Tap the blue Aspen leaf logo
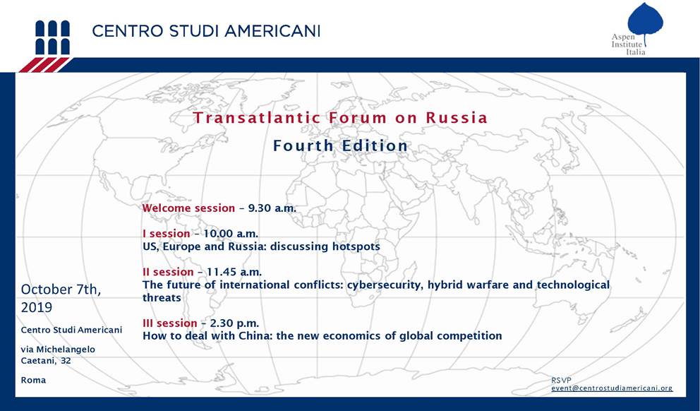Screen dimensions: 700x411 coord(645,20)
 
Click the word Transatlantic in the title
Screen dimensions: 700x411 coord(257,117)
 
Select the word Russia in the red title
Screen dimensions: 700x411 coord(457,117)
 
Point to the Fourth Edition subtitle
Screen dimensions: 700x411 coord(340,145)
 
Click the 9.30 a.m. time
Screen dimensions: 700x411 coord(272,208)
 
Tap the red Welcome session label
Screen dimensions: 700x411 coord(188,208)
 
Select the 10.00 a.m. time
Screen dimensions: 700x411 coord(231,234)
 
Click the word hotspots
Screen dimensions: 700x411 coord(356,246)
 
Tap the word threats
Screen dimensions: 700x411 coord(162,298)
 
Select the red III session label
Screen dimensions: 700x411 coord(169,323)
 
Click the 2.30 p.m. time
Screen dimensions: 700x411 coord(234,323)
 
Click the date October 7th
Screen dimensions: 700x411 coord(61,290)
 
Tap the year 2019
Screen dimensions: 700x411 coord(37,308)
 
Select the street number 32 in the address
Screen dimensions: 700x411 coord(66,361)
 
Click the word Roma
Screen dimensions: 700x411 coord(33,380)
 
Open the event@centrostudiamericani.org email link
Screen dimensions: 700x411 coord(612,388)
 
